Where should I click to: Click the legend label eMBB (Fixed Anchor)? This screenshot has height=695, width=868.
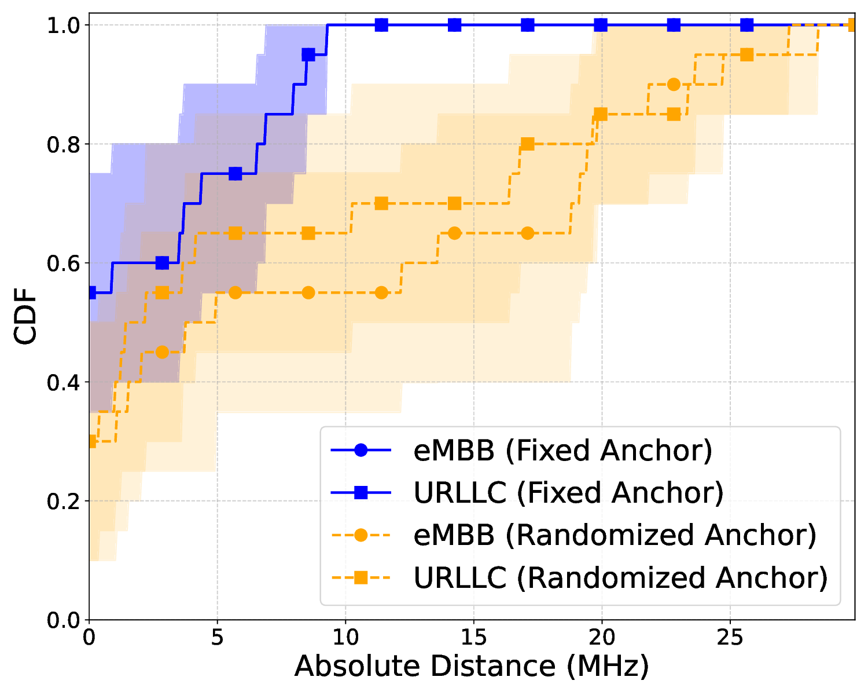562,451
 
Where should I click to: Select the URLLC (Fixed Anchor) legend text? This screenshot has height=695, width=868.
568,493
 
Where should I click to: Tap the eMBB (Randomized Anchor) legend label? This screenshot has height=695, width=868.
615,535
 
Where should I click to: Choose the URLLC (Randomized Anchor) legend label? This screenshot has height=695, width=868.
620,577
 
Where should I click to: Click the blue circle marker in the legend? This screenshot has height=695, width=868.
361,451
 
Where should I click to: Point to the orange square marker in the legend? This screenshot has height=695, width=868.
361,577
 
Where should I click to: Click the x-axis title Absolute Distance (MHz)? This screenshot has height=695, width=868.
472,667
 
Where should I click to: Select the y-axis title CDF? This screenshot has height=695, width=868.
25,319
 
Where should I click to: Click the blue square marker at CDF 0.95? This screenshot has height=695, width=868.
308,54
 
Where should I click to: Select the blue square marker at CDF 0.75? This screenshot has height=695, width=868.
235,174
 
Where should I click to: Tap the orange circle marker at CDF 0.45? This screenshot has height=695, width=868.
162,352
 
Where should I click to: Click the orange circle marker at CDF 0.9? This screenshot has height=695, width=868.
674,85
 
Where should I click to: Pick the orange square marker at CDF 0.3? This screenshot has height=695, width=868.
90,441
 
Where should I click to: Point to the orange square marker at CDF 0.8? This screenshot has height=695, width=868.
527,144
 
